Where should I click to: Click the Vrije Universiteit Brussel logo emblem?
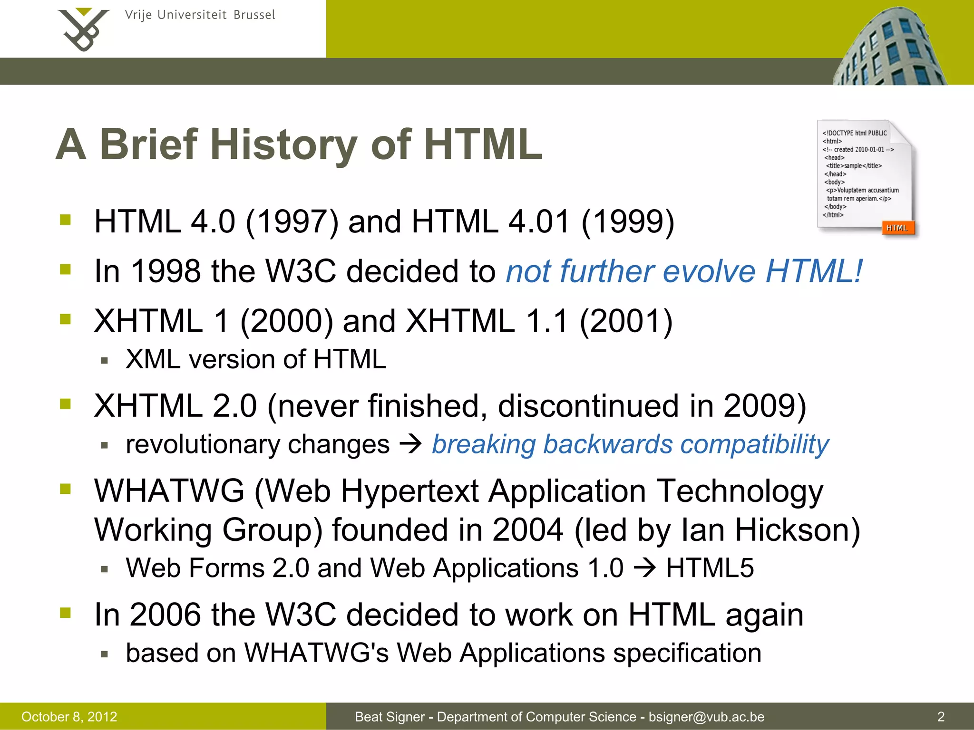pyautogui.click(x=84, y=29)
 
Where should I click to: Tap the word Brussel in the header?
pyautogui.click(x=254, y=15)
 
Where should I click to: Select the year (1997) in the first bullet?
pyautogui.click(x=292, y=222)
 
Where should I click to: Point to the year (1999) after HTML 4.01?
pyautogui.click(x=627, y=222)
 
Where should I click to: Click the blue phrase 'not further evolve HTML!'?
pyautogui.click(x=683, y=271)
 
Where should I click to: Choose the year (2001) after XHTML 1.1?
pyautogui.click(x=626, y=321)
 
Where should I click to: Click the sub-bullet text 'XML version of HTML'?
pyautogui.click(x=256, y=359)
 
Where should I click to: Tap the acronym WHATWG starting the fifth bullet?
pyautogui.click(x=169, y=491)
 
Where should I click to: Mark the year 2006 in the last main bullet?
pyautogui.click(x=166, y=615)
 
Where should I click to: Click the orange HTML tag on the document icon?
pyautogui.click(x=897, y=228)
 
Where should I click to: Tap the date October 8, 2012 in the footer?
pyautogui.click(x=69, y=717)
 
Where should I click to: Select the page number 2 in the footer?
pyautogui.click(x=941, y=717)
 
